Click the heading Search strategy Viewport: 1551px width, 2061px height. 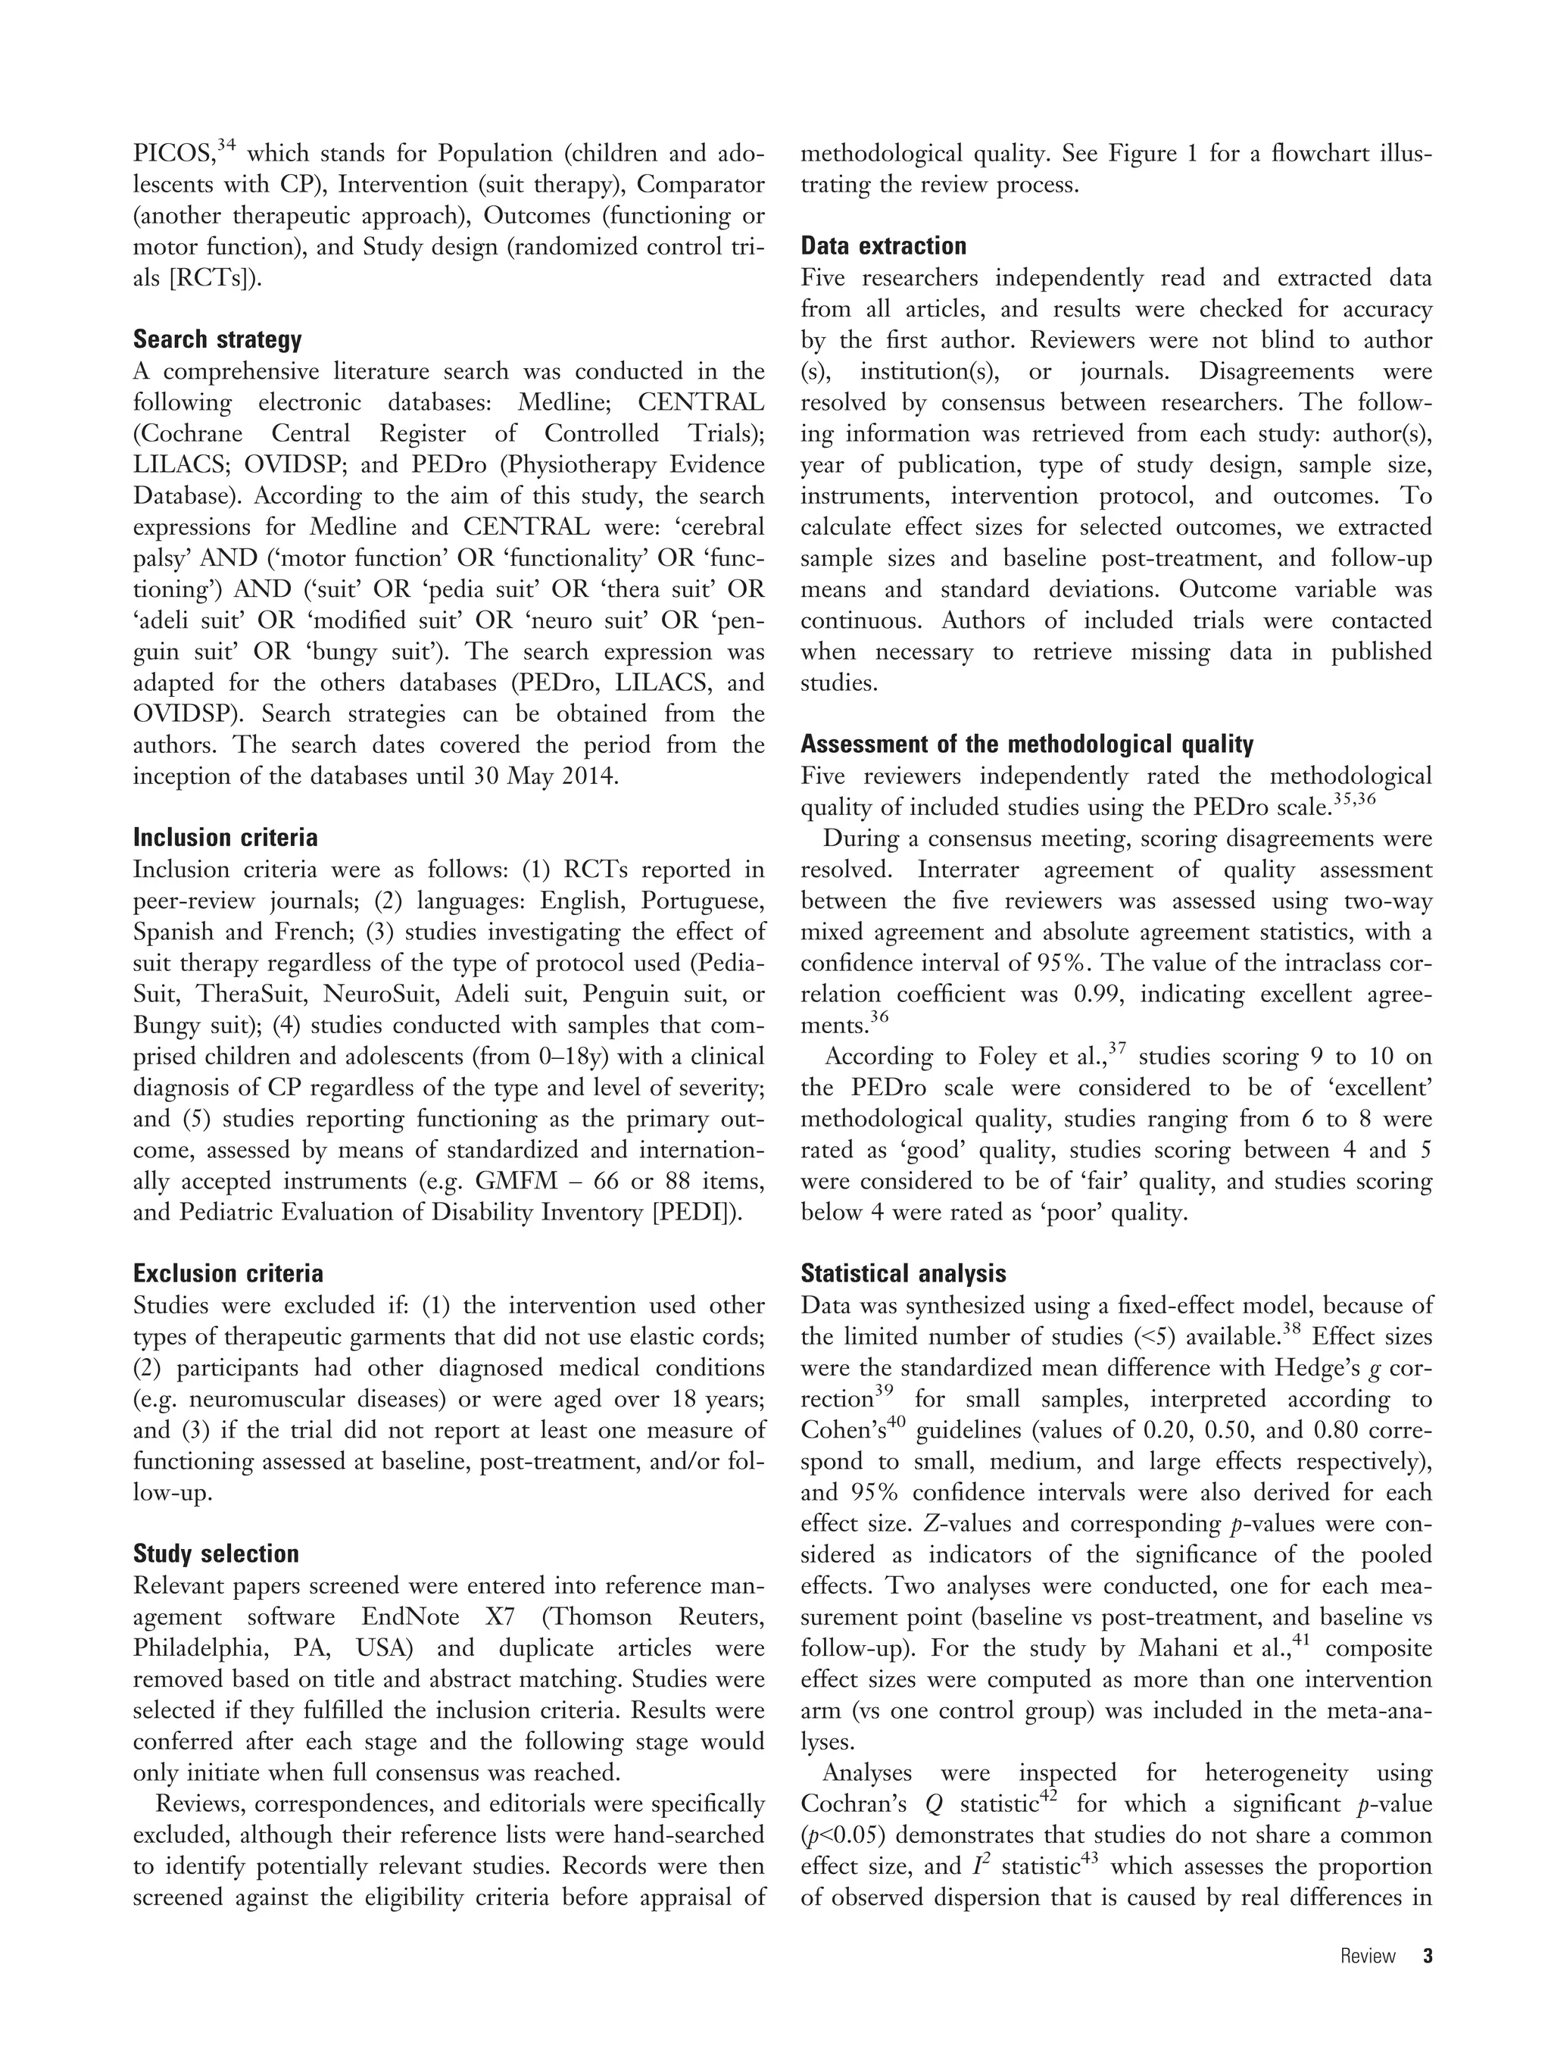click(x=217, y=339)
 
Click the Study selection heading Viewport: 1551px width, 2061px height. click(x=216, y=1554)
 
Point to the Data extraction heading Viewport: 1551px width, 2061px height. click(x=884, y=246)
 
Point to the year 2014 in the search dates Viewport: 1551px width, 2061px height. click(x=586, y=776)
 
